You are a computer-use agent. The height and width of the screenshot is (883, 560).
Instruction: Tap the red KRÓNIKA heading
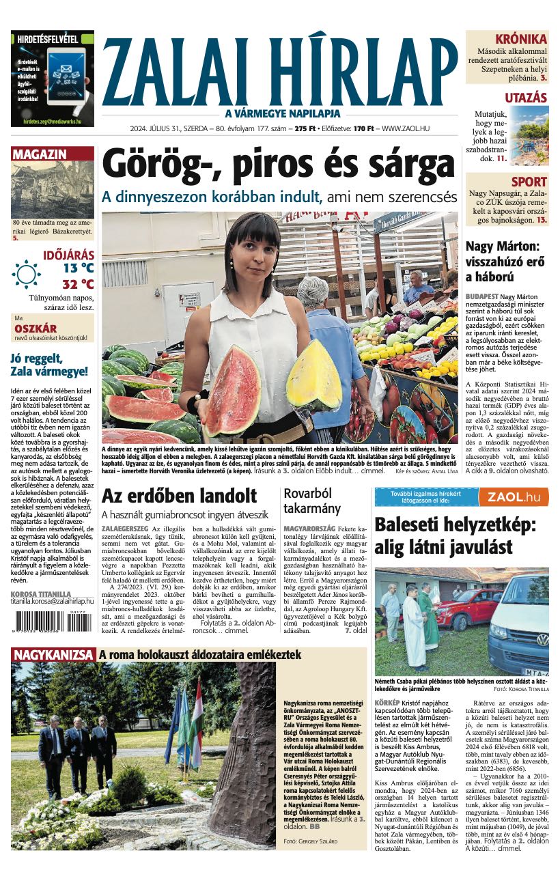tap(521, 39)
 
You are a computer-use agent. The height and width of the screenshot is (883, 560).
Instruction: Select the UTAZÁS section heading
tap(526, 98)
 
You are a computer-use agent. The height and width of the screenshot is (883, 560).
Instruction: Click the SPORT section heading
tap(529, 182)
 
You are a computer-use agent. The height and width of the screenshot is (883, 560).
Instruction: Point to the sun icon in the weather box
tap(26, 274)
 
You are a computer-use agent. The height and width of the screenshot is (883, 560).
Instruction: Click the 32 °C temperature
tap(78, 284)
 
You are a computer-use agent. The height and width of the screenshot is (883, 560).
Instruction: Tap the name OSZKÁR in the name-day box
tap(35, 328)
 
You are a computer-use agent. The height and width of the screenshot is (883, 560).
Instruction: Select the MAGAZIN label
tap(39, 154)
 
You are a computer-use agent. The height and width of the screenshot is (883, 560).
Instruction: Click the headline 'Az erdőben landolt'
tap(179, 495)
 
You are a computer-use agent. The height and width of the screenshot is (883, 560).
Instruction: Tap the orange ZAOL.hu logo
tap(514, 497)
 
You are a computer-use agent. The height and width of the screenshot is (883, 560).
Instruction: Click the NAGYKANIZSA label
tap(53, 655)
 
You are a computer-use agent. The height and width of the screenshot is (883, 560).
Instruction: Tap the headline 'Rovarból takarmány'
tap(312, 501)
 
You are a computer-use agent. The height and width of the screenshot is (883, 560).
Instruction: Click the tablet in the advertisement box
tap(66, 75)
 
